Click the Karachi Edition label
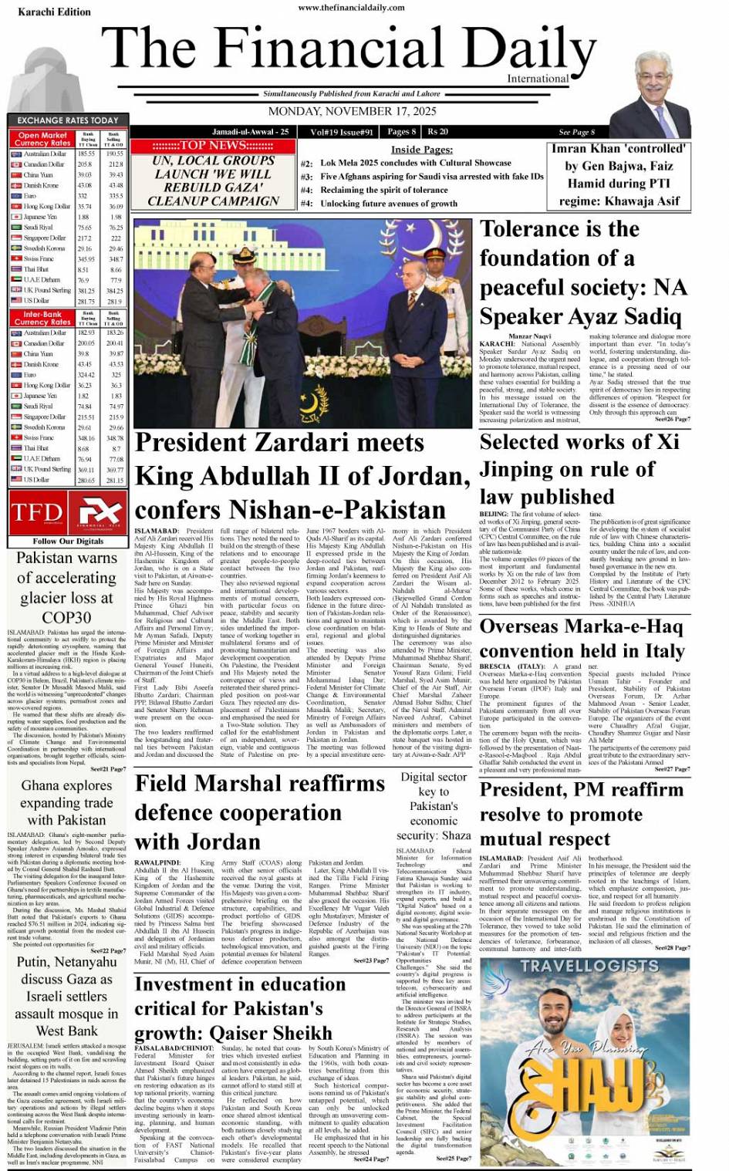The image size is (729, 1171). [43, 12]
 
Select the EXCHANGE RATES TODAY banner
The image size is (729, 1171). [68, 120]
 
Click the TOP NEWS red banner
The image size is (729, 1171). [213, 146]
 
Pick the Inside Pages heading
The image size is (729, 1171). [421, 150]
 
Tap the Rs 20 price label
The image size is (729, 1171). [438, 132]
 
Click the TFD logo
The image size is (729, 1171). [37, 512]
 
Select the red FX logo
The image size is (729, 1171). [98, 512]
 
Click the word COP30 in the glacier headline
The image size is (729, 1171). [67, 617]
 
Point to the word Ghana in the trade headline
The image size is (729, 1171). [40, 785]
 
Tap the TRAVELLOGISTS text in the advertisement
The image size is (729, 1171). [589, 966]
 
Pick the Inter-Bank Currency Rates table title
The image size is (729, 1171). [42, 319]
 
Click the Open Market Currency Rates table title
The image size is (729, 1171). [42, 139]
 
